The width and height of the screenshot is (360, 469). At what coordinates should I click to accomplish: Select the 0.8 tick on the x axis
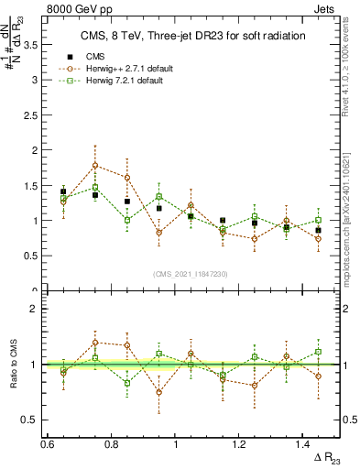[112, 444]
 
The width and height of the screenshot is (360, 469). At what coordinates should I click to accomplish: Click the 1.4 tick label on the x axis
[304, 444]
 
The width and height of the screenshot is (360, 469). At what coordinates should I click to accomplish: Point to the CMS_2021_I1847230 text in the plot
[191, 274]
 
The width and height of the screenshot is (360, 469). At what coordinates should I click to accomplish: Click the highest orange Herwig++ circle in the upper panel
[95, 166]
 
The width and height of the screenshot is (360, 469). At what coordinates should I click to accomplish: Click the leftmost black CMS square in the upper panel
[63, 191]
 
